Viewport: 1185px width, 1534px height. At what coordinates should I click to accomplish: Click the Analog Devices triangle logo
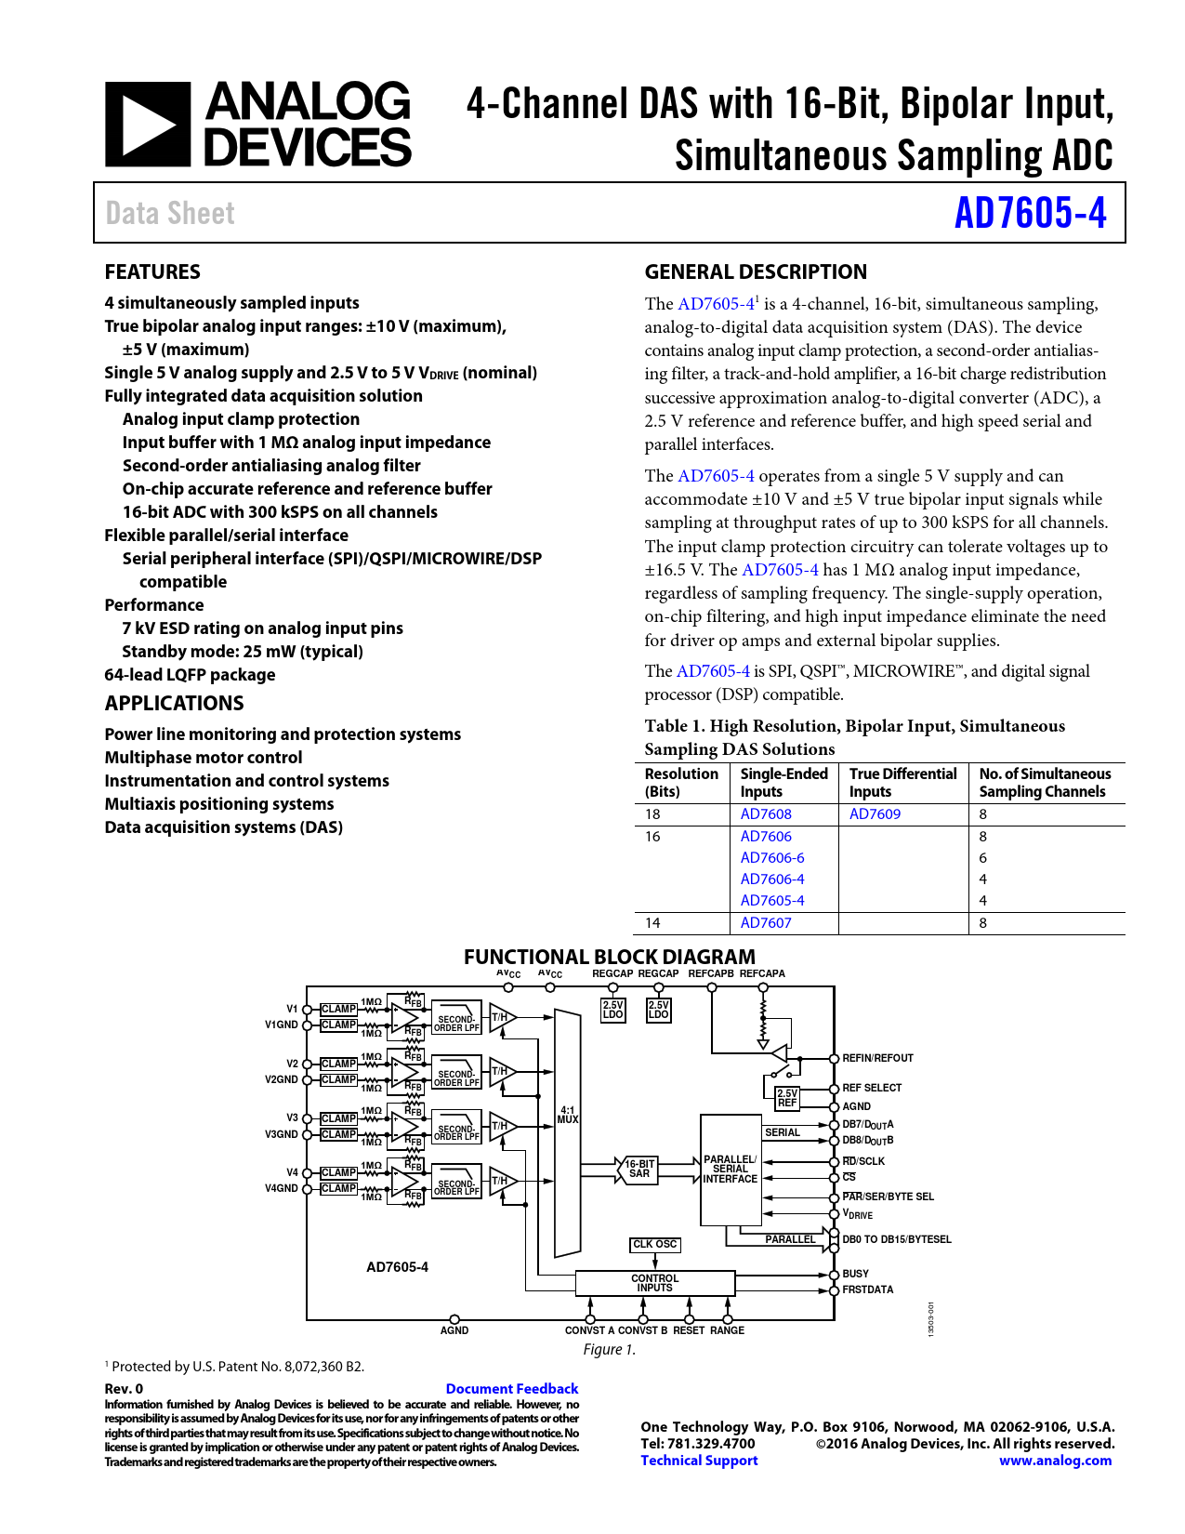(148, 125)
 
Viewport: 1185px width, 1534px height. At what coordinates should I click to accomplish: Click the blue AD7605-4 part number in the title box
(1030, 213)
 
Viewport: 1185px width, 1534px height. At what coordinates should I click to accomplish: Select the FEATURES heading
(152, 271)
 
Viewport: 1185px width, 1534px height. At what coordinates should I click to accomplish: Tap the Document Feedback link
(511, 1388)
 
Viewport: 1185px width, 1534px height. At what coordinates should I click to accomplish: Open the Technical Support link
(699, 1461)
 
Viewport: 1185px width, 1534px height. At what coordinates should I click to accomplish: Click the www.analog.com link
(1055, 1461)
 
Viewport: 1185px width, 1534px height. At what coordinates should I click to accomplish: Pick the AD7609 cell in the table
(875, 813)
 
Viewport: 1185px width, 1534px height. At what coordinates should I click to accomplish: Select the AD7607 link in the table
(766, 923)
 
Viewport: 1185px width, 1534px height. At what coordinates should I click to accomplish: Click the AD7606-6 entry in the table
(772, 857)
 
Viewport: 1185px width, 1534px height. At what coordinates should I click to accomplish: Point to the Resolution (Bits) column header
(681, 782)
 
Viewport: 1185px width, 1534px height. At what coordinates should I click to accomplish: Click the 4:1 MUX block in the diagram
(568, 1115)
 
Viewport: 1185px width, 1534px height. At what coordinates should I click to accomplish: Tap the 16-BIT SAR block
(639, 1169)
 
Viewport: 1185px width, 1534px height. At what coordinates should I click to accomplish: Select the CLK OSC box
(655, 1244)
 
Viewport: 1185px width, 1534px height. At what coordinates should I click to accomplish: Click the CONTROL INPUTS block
(654, 1283)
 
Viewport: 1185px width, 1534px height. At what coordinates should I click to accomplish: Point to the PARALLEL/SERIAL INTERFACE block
(731, 1170)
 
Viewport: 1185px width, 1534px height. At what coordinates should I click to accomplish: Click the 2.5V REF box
(787, 1098)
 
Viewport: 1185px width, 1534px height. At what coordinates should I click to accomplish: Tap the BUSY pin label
(855, 1274)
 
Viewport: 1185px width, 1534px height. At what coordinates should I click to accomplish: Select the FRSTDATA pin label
(867, 1289)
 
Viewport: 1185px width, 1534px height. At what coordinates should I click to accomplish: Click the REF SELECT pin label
(871, 1088)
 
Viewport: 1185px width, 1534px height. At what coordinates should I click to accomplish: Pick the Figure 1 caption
(609, 1349)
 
